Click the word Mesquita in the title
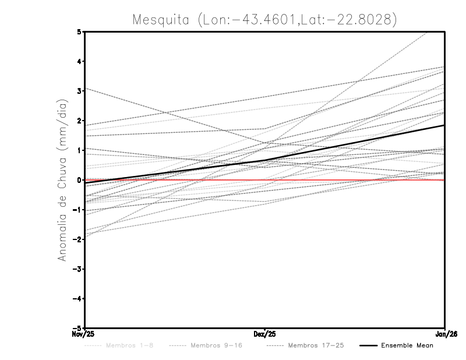tap(161, 20)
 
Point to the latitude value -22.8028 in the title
tap(362, 20)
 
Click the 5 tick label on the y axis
tap(79, 31)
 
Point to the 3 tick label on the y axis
tap(79, 91)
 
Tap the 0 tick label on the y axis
tap(79, 180)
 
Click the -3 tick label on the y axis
tap(77, 269)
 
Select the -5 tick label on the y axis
tap(77, 329)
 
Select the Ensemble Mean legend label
tap(407, 345)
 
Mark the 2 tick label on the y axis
tap(79, 121)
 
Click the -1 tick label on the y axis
tap(77, 210)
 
